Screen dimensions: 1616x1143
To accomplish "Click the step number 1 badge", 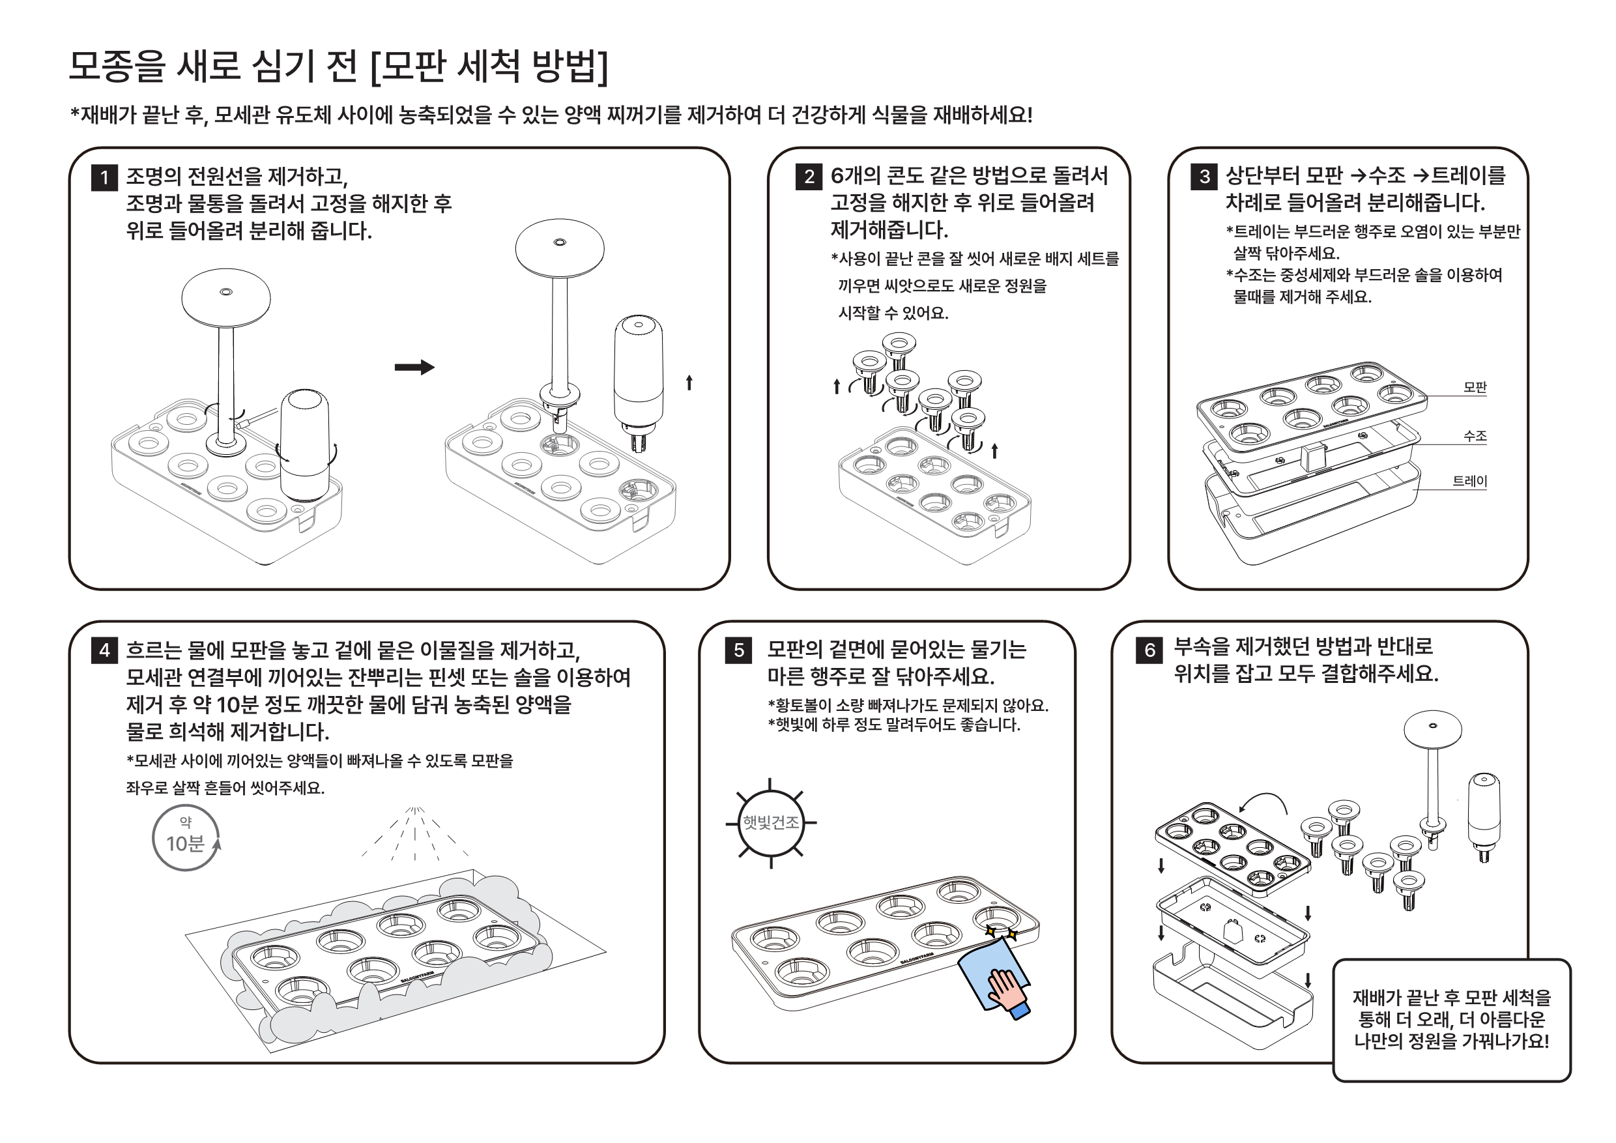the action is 105,177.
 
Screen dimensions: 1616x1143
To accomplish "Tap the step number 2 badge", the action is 809,177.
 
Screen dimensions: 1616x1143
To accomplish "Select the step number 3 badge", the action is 1204,177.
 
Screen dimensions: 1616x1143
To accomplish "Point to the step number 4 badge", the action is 105,650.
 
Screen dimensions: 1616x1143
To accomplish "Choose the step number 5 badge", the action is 738,650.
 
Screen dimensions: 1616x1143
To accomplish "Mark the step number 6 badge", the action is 1149,650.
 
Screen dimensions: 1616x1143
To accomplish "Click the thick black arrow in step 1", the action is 414,368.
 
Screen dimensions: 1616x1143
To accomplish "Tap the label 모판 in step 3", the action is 1475,387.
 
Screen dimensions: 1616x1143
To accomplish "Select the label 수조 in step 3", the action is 1475,437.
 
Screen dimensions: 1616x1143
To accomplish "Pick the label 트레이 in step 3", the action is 1469,482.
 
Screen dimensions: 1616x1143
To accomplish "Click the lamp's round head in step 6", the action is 1432,730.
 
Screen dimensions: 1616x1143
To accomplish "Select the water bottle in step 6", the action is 1484,817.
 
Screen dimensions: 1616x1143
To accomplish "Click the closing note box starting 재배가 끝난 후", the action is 1451,1020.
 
